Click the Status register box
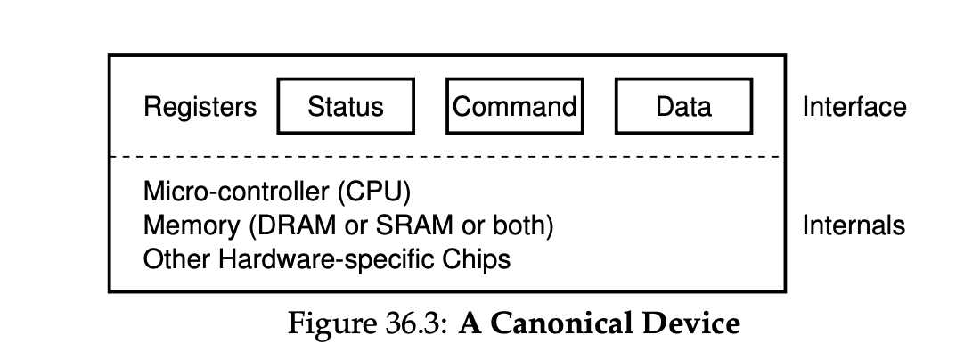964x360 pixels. point(346,107)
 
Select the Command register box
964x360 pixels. point(514,107)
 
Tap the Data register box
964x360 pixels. point(683,107)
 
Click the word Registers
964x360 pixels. point(200,107)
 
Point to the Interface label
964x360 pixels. point(854,107)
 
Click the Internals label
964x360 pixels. point(854,225)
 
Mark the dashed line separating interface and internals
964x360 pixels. point(445,157)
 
